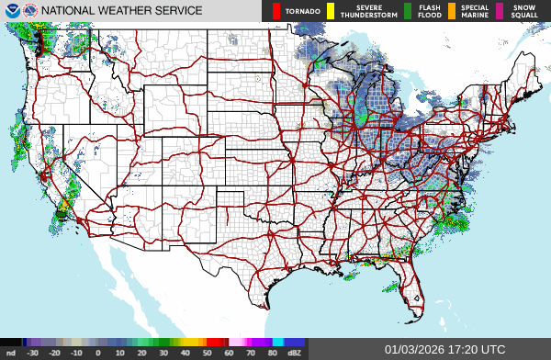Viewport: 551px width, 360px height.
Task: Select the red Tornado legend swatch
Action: [x=276, y=11]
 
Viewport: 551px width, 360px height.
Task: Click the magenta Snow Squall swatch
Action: [x=500, y=11]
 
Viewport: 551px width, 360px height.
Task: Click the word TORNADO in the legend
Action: [x=302, y=11]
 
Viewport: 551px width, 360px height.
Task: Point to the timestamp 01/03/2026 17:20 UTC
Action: [x=444, y=350]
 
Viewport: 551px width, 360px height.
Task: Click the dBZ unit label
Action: [x=294, y=352]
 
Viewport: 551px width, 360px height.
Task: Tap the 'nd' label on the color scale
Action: [x=11, y=352]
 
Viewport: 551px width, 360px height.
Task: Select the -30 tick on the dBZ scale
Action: [x=33, y=352]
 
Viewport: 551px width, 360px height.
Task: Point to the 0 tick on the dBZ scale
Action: [x=98, y=352]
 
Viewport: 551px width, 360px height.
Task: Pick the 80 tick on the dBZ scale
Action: [x=272, y=352]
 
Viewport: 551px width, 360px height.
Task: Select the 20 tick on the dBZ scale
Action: [x=141, y=352]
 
